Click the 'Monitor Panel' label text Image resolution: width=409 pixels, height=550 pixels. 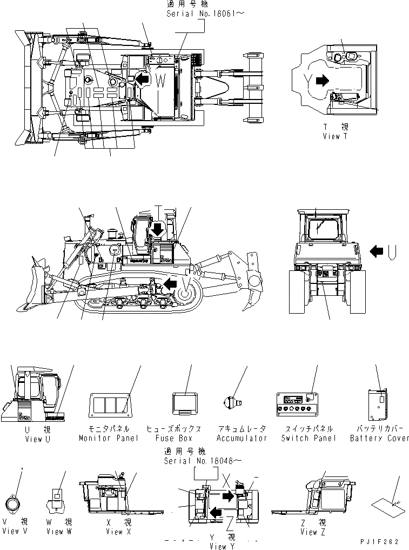click(x=108, y=438)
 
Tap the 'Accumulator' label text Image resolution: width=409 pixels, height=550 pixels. click(x=242, y=438)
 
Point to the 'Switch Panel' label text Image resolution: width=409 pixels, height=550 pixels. click(x=308, y=438)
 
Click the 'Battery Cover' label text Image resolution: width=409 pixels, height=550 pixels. click(x=379, y=438)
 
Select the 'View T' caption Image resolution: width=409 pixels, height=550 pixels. click(x=332, y=136)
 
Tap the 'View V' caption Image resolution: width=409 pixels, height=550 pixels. click(x=18, y=532)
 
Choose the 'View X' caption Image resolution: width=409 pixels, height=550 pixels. click(x=115, y=532)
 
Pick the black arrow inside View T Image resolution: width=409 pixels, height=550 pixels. click(x=322, y=81)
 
